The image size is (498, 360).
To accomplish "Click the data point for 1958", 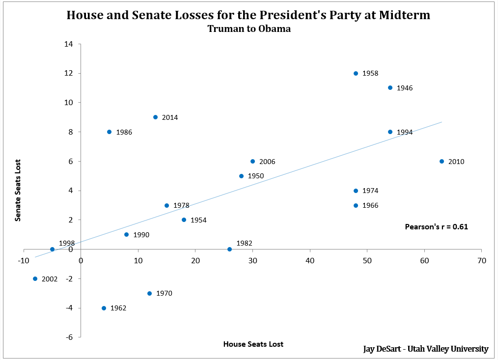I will click(356, 73).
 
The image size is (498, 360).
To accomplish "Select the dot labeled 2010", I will click(442, 161).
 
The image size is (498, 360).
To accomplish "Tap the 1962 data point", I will click(104, 308).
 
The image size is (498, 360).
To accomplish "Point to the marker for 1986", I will click(109, 132).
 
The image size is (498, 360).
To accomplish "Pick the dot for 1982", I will click(229, 249).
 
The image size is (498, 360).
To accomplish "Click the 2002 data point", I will click(35, 278).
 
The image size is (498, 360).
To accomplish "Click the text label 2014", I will click(169, 117).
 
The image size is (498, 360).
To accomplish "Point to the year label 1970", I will click(164, 293).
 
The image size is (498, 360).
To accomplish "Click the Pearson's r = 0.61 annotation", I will click(436, 227).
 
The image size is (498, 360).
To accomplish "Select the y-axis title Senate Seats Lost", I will click(18, 190).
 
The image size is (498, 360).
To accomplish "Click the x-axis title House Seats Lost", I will click(253, 344).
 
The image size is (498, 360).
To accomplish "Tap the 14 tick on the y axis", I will click(69, 44).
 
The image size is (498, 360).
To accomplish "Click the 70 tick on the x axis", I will click(481, 260).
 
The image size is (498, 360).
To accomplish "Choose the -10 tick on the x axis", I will click(24, 260).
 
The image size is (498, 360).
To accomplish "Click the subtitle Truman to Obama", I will click(249, 29).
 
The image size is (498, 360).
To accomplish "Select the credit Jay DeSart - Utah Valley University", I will click(425, 349).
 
